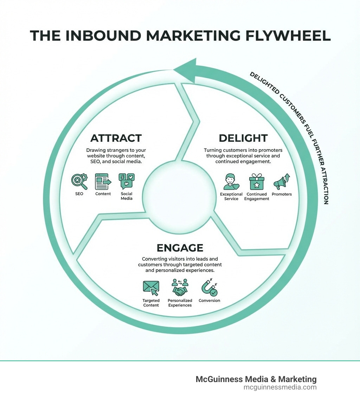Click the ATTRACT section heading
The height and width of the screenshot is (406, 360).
pyautogui.click(x=116, y=138)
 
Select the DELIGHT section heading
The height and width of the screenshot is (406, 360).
pyautogui.click(x=243, y=138)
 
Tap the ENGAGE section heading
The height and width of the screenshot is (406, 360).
pyautogui.click(x=180, y=248)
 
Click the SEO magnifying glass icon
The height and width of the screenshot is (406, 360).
pyautogui.click(x=79, y=182)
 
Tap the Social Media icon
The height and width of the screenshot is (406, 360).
pyautogui.click(x=127, y=182)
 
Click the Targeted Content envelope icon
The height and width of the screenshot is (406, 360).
pyautogui.click(x=151, y=288)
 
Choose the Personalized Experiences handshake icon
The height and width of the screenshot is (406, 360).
pyautogui.click(x=180, y=288)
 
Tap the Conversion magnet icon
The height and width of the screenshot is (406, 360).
pyautogui.click(x=209, y=288)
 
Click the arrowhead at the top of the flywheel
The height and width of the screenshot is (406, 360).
pyautogui.click(x=185, y=69)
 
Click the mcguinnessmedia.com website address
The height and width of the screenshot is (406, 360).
pyautogui.click(x=280, y=387)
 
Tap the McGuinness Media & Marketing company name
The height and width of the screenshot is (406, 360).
pyautogui.click(x=256, y=379)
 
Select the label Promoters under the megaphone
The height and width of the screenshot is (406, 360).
pyautogui.click(x=282, y=194)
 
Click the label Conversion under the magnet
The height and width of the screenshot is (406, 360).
pyautogui.click(x=209, y=300)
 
